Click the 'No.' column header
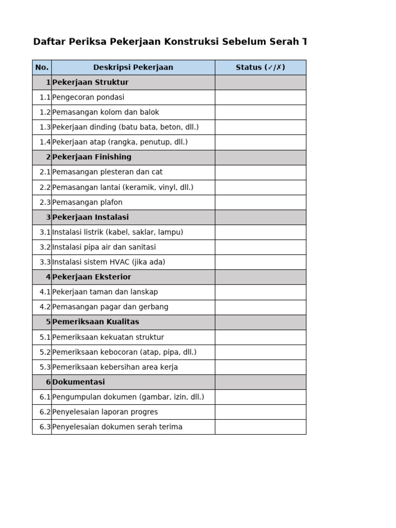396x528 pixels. pyautogui.click(x=42, y=68)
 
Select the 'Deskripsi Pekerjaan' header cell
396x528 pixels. pyautogui.click(x=133, y=68)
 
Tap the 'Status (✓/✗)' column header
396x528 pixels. pyautogui.click(x=260, y=68)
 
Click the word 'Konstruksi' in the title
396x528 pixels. pyautogui.click(x=191, y=42)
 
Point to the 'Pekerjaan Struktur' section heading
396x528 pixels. pyautogui.click(x=90, y=82)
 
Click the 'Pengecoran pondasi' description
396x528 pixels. pyautogui.click(x=88, y=97)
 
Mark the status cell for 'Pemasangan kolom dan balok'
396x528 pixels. pyautogui.click(x=260, y=112)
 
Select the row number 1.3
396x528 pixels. pyautogui.click(x=45, y=127)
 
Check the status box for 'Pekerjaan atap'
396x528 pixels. pyautogui.click(x=260, y=142)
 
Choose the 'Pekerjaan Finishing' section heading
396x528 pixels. pyautogui.click(x=92, y=157)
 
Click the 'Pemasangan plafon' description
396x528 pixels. pyautogui.click(x=87, y=203)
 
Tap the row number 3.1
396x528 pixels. pyautogui.click(x=45, y=233)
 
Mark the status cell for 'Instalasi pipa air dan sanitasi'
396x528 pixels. pyautogui.click(x=260, y=247)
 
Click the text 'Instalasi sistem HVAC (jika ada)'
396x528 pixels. pyautogui.click(x=109, y=262)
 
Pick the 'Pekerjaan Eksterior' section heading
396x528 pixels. pyautogui.click(x=92, y=277)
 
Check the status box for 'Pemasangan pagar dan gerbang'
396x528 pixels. pyautogui.click(x=260, y=307)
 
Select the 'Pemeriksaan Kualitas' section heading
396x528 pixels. pyautogui.click(x=95, y=322)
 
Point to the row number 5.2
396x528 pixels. pyautogui.click(x=45, y=352)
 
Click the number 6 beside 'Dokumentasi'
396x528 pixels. pyautogui.click(x=48, y=382)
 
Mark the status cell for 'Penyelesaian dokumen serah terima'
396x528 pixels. pyautogui.click(x=260, y=427)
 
